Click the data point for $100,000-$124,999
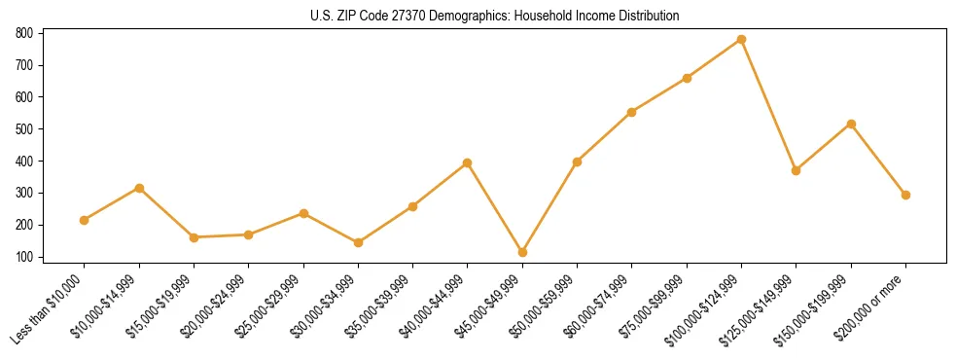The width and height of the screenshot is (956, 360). click(x=741, y=40)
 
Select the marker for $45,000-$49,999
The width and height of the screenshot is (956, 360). click(x=522, y=252)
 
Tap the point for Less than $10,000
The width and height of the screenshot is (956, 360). click(x=85, y=220)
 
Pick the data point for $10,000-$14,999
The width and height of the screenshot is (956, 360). click(x=139, y=188)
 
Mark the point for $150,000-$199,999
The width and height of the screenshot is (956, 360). click(x=851, y=124)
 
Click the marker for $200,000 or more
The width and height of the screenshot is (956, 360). click(x=905, y=195)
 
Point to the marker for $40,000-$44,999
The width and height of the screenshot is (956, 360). click(x=468, y=162)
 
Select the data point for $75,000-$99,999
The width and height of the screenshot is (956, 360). click(x=687, y=78)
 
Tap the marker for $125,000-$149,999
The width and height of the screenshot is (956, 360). click(x=796, y=170)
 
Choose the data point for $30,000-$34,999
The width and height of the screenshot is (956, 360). click(x=358, y=242)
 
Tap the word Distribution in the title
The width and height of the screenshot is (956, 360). click(x=650, y=17)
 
